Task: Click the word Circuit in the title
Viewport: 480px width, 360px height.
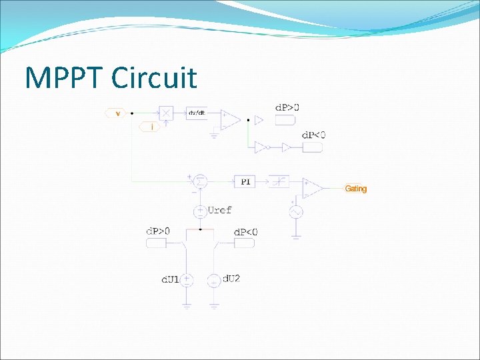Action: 154,78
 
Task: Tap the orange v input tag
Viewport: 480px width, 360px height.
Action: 117,113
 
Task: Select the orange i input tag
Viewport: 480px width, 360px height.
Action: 151,126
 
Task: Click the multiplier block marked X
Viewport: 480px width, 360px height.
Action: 165,113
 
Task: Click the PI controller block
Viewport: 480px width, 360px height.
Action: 245,181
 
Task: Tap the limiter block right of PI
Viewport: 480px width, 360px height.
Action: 279,181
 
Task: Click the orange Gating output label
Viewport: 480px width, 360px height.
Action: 355,189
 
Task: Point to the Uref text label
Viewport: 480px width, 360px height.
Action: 220,210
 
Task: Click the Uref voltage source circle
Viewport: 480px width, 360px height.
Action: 199,212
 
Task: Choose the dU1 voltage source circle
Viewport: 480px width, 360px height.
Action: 188,280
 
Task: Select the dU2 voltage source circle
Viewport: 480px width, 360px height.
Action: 213,281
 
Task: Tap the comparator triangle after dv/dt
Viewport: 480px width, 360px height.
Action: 230,119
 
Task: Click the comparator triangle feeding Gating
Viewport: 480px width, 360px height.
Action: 312,187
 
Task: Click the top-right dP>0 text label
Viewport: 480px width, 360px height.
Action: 287,107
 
